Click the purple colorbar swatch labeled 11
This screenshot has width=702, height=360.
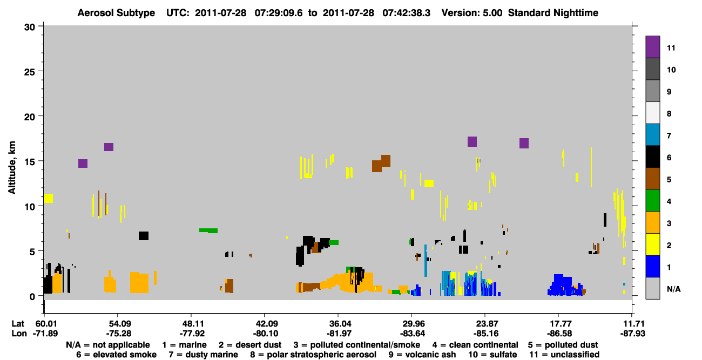click(x=652, y=47)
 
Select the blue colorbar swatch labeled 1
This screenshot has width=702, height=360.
click(x=652, y=266)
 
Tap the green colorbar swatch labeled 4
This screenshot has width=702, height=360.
click(x=652, y=201)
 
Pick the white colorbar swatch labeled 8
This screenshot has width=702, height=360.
click(x=652, y=113)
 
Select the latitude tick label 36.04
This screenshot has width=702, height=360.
click(x=338, y=324)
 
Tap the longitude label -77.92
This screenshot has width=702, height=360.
click(x=192, y=334)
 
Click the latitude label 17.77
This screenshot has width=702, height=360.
click(x=558, y=324)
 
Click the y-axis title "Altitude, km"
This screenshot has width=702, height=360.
click(x=11, y=168)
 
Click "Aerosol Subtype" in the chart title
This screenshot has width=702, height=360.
click(x=116, y=13)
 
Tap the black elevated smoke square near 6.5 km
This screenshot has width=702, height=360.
click(x=144, y=236)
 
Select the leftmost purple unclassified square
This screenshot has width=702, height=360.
click(x=83, y=164)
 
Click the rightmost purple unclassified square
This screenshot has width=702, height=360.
click(x=524, y=143)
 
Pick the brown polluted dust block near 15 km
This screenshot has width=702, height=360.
click(x=381, y=164)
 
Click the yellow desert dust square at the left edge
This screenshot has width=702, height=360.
click(x=48, y=198)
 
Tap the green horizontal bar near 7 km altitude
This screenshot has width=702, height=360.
click(x=208, y=230)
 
